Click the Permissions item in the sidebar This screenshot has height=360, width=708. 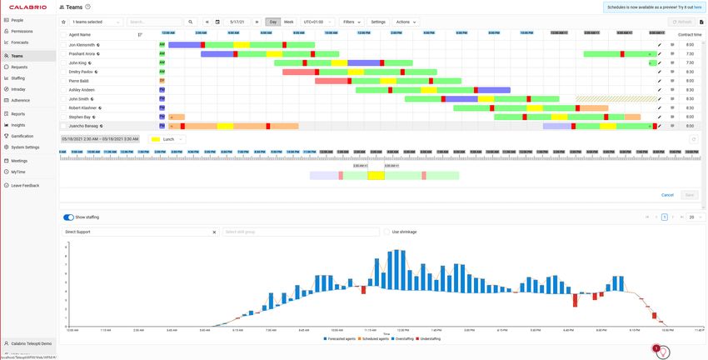[22, 31]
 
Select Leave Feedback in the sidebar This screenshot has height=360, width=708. [25, 185]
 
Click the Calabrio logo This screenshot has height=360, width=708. [28, 7]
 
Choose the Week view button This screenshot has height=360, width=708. [288, 22]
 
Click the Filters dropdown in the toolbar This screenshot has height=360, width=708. [351, 22]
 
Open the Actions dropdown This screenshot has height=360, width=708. [405, 22]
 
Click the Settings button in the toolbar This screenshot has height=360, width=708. [378, 22]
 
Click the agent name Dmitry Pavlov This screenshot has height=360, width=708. [82, 72]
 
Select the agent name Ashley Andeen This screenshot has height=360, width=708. [82, 89]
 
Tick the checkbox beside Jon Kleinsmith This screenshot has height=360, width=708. [63, 44]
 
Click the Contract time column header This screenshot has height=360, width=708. [690, 34]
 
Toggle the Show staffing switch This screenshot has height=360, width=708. [68, 217]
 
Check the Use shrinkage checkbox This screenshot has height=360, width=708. [386, 232]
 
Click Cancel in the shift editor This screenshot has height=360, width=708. [667, 195]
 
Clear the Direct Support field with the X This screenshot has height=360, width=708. [214, 232]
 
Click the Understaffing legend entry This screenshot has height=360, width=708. [428, 338]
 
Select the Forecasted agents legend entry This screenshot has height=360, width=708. [339, 338]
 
